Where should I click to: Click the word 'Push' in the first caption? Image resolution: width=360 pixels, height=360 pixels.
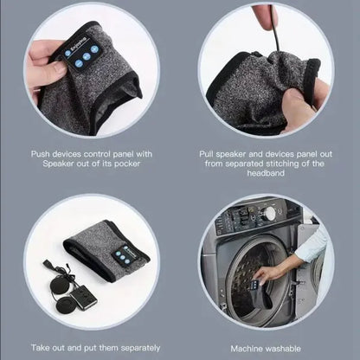41,154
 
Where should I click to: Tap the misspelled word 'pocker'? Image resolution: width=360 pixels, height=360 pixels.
127,164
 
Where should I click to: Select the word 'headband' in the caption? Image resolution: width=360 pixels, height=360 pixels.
266,173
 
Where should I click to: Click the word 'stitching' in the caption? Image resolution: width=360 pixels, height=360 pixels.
284,164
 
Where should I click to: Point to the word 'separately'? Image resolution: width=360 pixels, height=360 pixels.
140,348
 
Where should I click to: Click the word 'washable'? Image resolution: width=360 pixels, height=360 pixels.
284,349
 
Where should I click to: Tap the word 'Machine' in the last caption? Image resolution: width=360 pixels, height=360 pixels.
247,349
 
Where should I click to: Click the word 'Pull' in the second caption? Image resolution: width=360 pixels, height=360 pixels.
207,154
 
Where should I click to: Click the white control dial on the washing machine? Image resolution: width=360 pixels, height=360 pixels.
270,213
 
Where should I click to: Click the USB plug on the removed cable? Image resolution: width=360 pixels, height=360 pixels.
48,264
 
